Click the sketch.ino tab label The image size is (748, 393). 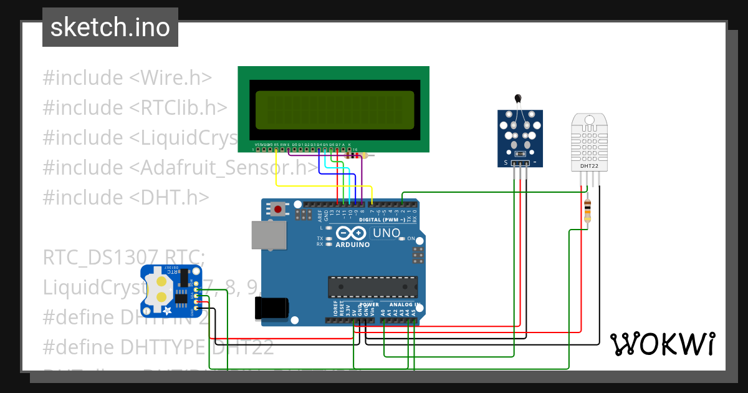(110, 27)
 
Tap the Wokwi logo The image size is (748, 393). (662, 344)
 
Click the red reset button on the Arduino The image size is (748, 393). (278, 210)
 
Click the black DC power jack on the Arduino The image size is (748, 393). (272, 308)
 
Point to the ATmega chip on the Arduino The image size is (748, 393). (373, 286)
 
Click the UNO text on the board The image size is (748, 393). (386, 233)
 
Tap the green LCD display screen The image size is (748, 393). (334, 109)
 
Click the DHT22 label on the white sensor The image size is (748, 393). (590, 166)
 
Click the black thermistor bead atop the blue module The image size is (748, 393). (518, 97)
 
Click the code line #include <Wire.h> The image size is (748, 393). (127, 78)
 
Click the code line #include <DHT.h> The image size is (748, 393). (126, 197)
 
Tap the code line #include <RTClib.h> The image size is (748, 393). (135, 108)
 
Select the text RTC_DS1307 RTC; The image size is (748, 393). (123, 257)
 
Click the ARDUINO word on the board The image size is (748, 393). (352, 245)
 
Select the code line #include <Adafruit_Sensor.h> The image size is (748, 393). (180, 167)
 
